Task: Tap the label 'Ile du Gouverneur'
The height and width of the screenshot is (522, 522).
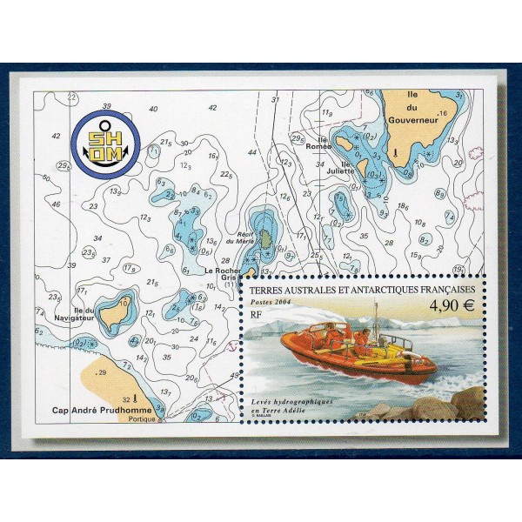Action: click(412, 110)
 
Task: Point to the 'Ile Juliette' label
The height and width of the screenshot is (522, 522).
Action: click(341, 165)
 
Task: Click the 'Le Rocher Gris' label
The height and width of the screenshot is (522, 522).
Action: click(222, 274)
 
